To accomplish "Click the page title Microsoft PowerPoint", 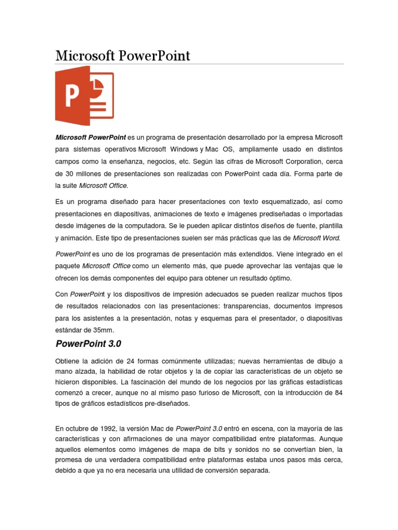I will pyautogui.click(x=123, y=55).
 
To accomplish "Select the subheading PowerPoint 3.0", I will pyautogui.click(x=88, y=344).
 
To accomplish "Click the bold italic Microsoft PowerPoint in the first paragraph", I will pyautogui.click(x=91, y=138).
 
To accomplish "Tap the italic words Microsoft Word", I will pyautogui.click(x=317, y=238).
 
